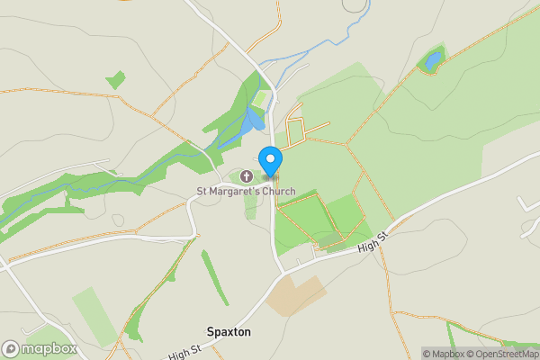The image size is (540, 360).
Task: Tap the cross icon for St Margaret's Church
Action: [x=247, y=175]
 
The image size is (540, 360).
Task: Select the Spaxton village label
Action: [x=228, y=332]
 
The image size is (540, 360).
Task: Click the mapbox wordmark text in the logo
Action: [x=49, y=349]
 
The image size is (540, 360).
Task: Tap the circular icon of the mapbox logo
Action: [x=12, y=348]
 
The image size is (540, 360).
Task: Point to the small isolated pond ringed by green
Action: [x=433, y=60]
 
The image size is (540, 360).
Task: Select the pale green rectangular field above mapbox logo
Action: [x=94, y=310]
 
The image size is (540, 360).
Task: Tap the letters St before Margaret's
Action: [x=202, y=191]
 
